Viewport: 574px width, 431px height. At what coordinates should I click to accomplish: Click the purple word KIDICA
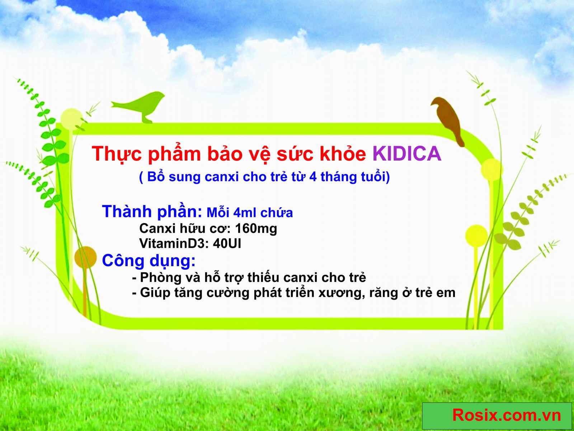(x=407, y=153)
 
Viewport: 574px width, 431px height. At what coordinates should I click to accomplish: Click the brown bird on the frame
(x=448, y=121)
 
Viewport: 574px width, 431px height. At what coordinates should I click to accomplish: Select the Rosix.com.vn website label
(x=507, y=415)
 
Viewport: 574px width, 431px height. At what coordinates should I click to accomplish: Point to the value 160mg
(x=256, y=228)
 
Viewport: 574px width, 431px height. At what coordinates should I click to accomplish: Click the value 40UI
(x=227, y=244)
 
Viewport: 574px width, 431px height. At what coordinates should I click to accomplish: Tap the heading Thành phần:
(x=152, y=212)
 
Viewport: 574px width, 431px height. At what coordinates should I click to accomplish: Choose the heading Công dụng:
(x=149, y=261)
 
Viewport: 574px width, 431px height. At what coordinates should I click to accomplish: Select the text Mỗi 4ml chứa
(x=249, y=213)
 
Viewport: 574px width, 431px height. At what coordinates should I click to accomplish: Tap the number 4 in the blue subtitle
(x=313, y=177)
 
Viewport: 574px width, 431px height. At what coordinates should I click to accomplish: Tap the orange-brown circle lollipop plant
(x=85, y=257)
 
